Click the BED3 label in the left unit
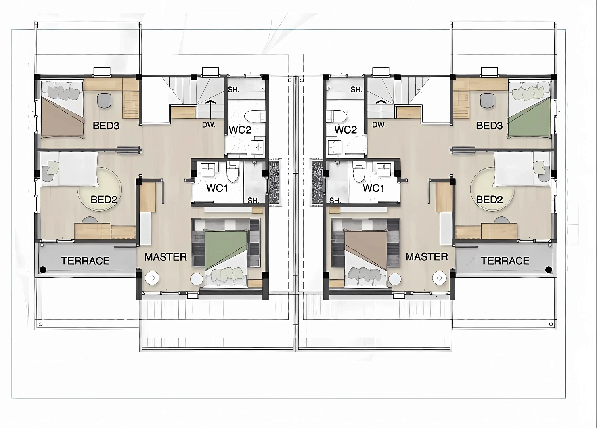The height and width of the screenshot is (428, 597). (106, 126)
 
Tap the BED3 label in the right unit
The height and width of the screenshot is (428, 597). (489, 126)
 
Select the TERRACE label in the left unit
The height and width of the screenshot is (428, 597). (85, 261)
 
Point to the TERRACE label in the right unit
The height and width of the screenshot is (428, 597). (505, 261)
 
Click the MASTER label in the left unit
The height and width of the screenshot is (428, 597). (166, 257)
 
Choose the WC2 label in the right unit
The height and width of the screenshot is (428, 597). (345, 130)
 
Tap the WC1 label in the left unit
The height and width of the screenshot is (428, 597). (217, 188)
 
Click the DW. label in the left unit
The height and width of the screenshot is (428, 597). (209, 125)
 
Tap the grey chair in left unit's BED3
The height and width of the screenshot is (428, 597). (104, 101)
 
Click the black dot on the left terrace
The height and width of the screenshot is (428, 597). (43, 270)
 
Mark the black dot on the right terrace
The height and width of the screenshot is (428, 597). (549, 270)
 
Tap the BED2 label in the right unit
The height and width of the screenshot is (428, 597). (489, 199)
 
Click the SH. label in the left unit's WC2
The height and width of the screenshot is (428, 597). (233, 90)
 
